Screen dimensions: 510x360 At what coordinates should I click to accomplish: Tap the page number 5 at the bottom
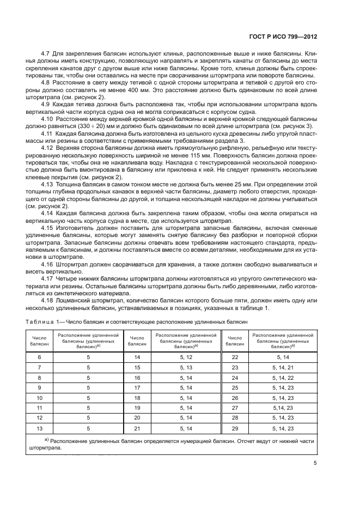click(x=315, y=464)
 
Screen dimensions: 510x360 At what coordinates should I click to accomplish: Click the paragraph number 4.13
click(x=48, y=185)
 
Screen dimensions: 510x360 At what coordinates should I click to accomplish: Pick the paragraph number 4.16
click(x=48, y=263)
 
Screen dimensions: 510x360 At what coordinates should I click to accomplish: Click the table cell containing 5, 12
click(x=186, y=357)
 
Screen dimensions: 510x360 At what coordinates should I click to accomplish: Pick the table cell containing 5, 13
click(x=186, y=367)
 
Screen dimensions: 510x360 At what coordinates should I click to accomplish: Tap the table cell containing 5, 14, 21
click(x=282, y=367)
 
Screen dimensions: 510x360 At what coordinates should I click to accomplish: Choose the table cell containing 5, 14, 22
click(x=282, y=377)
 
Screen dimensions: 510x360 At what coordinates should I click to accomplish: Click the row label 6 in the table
click(x=39, y=357)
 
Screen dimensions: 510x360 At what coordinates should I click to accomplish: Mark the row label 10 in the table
click(x=39, y=397)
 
